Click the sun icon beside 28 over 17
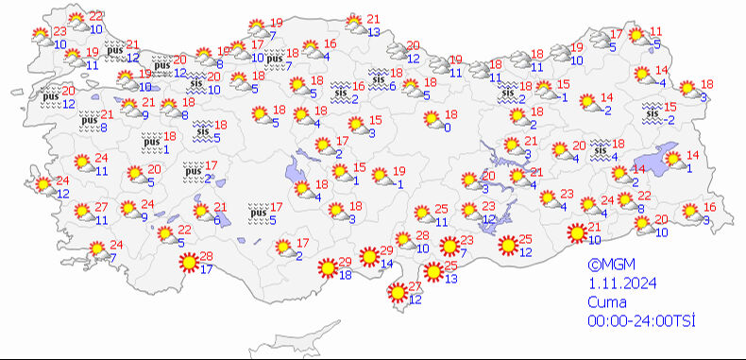(x=188, y=262)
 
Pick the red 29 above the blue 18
(x=345, y=262)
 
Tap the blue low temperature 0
(x=447, y=128)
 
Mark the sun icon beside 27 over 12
(x=397, y=293)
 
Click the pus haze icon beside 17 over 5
(x=256, y=212)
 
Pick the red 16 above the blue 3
(x=710, y=208)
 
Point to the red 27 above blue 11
(x=102, y=207)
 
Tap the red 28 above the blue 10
(x=422, y=235)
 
